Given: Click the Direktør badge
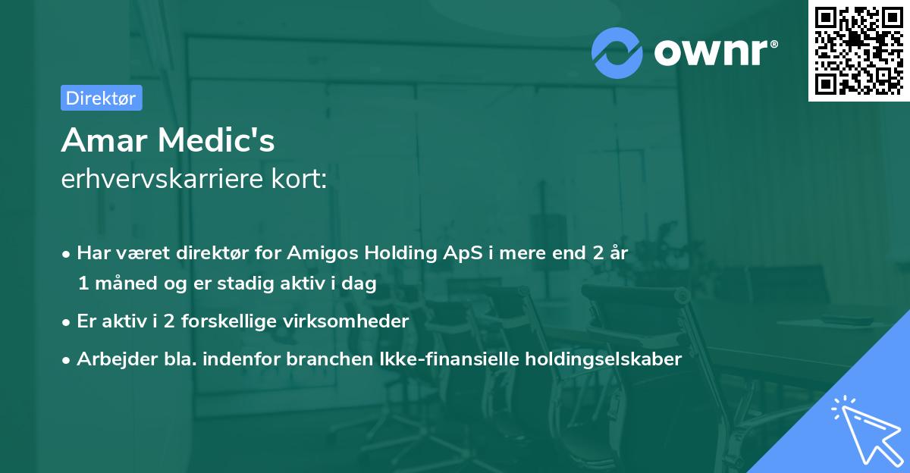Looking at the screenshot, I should (101, 98).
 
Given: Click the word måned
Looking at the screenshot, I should (121, 283).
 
